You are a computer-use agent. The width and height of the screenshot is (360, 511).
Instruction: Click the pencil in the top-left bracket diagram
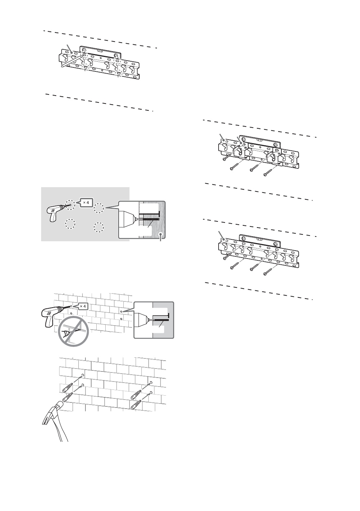coord(72,61)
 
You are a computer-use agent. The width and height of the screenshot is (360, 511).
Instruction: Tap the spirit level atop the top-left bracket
coord(100,52)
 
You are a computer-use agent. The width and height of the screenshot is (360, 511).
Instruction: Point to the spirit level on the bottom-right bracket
coord(260,239)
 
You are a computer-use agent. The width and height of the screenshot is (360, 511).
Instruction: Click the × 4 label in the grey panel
coord(86,203)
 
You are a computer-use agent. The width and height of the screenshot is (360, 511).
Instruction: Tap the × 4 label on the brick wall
coord(83,306)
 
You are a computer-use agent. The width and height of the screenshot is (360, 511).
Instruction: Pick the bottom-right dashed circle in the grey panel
coord(98,227)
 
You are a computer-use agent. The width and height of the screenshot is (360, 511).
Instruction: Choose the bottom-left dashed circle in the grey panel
coord(70,224)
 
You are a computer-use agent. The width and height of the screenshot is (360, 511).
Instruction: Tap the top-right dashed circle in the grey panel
coord(99,208)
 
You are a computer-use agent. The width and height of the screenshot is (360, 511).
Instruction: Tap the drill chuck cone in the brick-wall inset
coord(142,319)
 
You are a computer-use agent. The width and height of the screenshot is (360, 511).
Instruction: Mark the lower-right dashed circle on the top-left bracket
coord(118,74)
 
